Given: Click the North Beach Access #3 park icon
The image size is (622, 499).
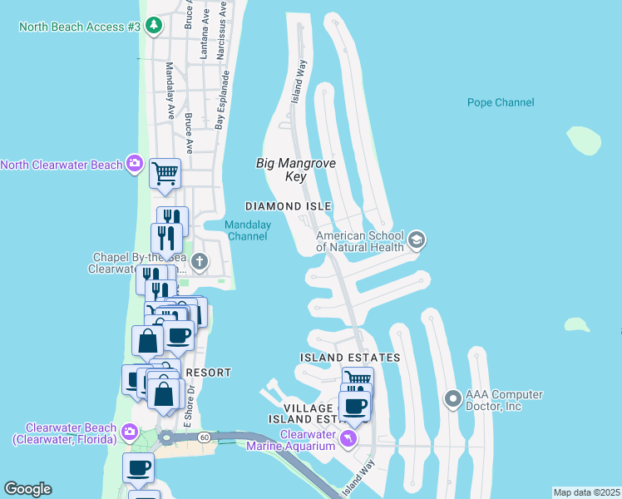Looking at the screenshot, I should (153, 26).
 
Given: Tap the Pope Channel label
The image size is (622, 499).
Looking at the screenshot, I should (501, 103).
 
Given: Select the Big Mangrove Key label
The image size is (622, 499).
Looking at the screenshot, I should (295, 170).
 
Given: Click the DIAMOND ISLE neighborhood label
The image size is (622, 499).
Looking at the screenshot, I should (288, 206).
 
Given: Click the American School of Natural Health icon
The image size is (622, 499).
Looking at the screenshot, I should (417, 241).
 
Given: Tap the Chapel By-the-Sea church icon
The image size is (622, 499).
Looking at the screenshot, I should (199, 263).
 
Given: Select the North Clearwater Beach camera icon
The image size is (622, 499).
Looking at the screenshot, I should (135, 164).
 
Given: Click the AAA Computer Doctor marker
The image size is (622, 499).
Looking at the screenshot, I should (453, 400).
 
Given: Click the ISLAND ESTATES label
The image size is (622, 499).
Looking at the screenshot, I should (349, 358).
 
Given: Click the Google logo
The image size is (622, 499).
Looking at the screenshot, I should (27, 489).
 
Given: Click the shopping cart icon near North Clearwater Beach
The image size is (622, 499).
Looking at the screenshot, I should (165, 174).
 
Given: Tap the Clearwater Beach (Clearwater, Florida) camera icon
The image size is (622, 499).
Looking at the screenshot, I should (129, 430).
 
